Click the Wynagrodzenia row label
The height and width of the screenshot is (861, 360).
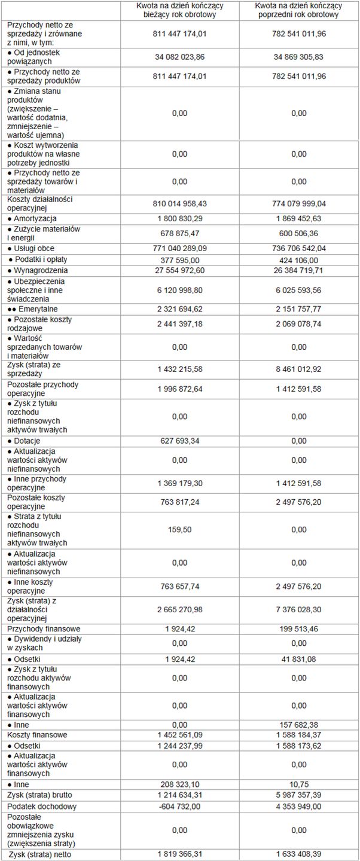pyautogui.click(x=38, y=270)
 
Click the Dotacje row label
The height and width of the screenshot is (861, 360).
pyautogui.click(x=27, y=441)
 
